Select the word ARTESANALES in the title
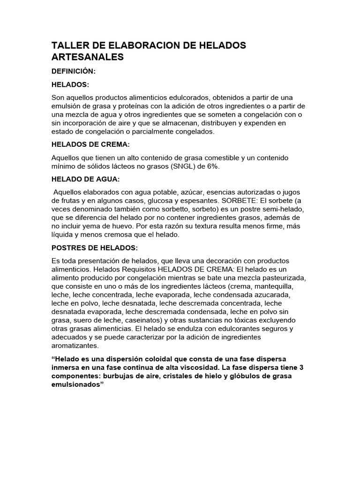(x=88, y=57)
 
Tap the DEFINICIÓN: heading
(x=74, y=72)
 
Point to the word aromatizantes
(x=75, y=345)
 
